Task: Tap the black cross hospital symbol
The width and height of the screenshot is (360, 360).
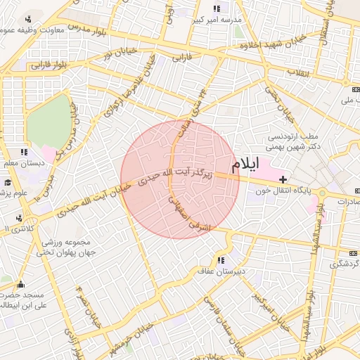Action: [x=283, y=181]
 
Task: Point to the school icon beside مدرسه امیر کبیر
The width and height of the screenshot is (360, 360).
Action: [x=217, y=8]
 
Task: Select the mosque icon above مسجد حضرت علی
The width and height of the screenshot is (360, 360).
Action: [x=19, y=285]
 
